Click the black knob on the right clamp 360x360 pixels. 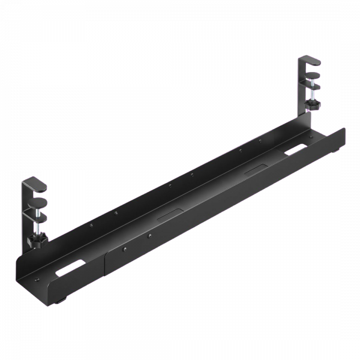[x=313, y=107]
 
